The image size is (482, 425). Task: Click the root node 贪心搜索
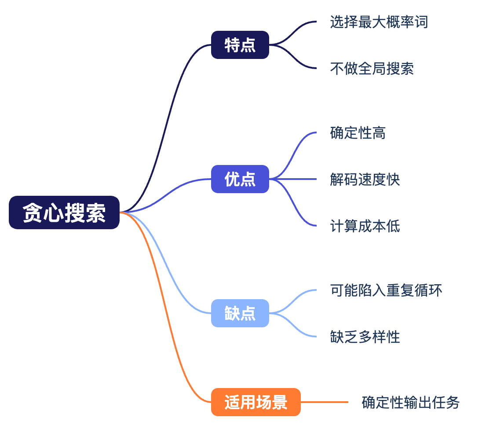[64, 212]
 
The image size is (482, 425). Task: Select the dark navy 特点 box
[240, 45]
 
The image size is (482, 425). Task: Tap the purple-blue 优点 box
[240, 179]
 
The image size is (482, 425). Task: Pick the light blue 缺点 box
[240, 313]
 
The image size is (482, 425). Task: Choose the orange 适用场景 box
[256, 402]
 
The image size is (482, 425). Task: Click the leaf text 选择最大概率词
[379, 22]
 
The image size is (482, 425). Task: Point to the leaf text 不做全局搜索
[372, 69]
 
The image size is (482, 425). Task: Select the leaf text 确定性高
[358, 133]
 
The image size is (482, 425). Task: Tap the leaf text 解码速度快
[365, 180]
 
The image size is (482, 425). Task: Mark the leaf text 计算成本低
[365, 226]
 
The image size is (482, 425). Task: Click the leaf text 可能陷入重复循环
[386, 290]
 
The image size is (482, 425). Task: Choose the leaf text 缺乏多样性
[365, 337]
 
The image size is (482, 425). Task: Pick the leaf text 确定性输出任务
[410, 402]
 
